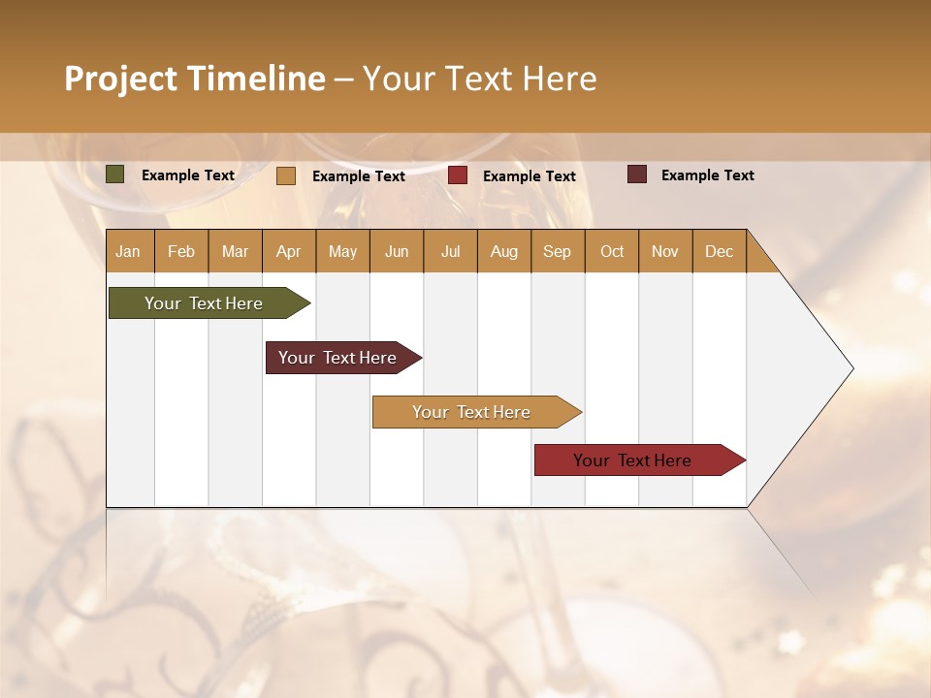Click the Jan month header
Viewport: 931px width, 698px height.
point(128,252)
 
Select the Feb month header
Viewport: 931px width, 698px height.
point(181,252)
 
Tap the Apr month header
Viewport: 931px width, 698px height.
point(288,252)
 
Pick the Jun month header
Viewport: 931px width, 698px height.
point(396,252)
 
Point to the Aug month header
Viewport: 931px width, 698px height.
point(503,252)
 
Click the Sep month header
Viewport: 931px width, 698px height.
point(557,252)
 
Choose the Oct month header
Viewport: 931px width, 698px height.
point(611,252)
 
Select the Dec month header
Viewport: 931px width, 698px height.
point(719,252)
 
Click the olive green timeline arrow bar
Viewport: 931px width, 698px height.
point(204,303)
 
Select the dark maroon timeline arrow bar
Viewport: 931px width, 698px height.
point(337,358)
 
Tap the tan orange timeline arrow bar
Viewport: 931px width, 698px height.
point(471,412)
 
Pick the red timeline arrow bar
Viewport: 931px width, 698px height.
point(632,460)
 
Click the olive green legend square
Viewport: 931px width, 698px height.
point(115,174)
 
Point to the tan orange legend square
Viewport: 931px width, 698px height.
point(285,175)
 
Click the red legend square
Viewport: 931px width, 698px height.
point(458,175)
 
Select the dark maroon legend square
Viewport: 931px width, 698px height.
point(636,174)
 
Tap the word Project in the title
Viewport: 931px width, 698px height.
point(119,79)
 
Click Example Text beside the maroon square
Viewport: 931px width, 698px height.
point(707,175)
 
